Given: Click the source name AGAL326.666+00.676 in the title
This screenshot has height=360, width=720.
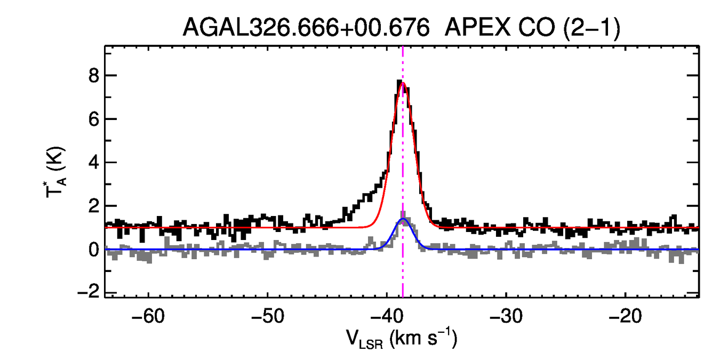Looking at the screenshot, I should tap(306, 27).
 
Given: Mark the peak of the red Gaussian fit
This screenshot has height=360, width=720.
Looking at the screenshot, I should tap(403, 82).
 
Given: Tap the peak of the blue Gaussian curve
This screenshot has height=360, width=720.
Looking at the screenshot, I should tap(403, 219).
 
